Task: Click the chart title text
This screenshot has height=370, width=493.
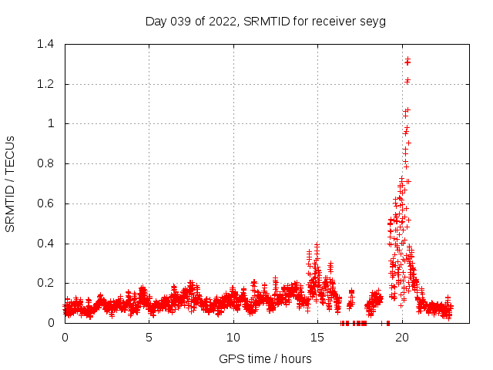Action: (265, 21)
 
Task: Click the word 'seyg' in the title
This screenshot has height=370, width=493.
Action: (373, 21)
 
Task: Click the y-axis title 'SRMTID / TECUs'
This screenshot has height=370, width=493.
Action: (11, 183)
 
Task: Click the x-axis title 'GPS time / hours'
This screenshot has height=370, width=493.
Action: (265, 358)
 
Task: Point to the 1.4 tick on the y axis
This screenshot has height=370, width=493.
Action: (47, 44)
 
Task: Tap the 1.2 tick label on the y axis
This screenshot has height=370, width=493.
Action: (47, 83)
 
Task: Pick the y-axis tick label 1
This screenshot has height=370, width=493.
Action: (51, 123)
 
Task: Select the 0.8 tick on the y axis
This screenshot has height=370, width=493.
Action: (47, 163)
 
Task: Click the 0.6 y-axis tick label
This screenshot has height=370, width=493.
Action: (47, 203)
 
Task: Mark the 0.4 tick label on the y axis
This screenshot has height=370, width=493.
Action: (47, 244)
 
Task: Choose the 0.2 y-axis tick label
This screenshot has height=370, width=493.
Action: (47, 284)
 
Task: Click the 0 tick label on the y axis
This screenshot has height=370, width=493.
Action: (51, 323)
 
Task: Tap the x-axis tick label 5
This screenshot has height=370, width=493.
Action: (149, 338)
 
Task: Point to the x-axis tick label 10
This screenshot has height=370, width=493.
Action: (233, 338)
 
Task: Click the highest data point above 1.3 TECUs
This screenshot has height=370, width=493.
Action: (407, 59)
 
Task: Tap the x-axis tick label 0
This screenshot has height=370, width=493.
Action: (65, 338)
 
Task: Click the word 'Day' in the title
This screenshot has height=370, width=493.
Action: (156, 21)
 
